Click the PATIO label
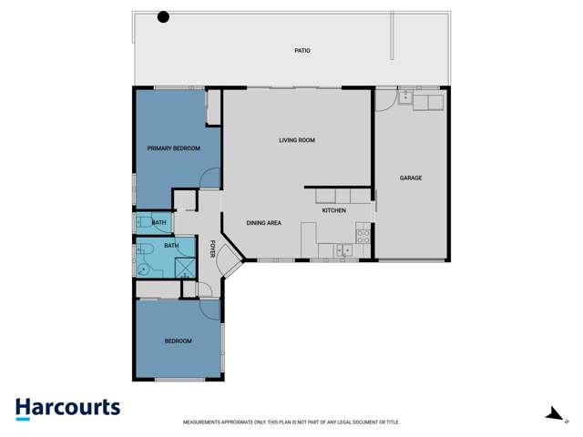[302, 51]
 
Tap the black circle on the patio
[163, 16]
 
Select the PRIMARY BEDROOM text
[173, 147]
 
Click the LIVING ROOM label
[297, 140]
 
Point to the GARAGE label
[410, 178]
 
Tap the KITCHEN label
[334, 211]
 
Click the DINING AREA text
[263, 222]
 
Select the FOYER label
[212, 248]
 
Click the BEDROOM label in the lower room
[178, 341]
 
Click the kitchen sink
[343, 249]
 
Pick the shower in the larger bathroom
[183, 266]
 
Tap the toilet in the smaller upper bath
[146, 221]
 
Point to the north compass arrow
[554, 414]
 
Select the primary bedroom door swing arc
[210, 178]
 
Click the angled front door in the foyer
[230, 267]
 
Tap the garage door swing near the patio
[384, 98]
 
